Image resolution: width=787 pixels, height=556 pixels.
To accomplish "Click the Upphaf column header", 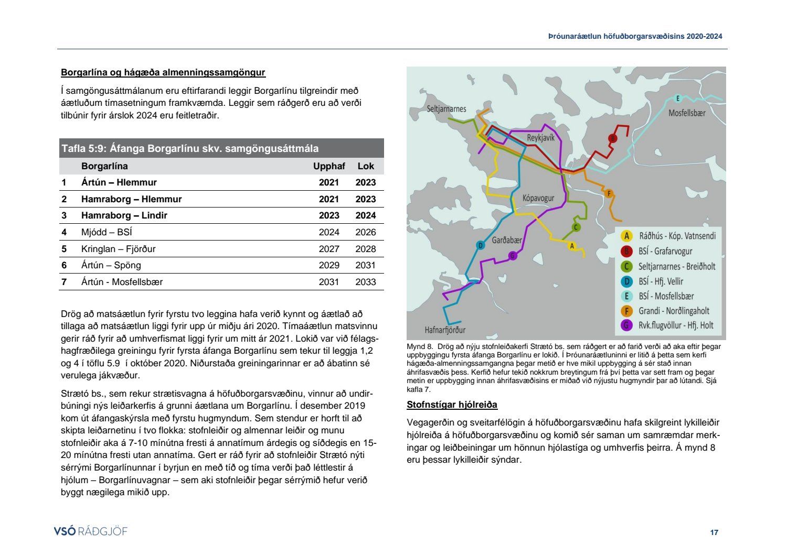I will [329, 166].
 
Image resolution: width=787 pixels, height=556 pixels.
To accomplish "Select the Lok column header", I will [366, 166].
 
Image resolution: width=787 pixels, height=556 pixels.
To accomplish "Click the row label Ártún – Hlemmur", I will [119, 182].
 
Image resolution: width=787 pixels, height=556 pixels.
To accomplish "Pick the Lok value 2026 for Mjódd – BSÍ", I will [365, 232].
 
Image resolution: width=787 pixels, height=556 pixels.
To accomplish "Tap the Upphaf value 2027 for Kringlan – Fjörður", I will [329, 249].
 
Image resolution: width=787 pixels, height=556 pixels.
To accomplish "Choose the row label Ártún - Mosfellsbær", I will [122, 282].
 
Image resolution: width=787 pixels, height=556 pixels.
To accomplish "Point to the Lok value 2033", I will [365, 282].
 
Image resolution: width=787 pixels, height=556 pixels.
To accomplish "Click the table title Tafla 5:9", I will [189, 148].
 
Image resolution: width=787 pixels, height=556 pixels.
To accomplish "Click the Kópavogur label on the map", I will [538, 198].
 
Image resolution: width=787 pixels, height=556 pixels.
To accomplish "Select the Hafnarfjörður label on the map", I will [445, 330].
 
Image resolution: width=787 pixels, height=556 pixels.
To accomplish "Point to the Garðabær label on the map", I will [507, 240].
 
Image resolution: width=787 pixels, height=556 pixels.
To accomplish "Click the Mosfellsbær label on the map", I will [687, 113].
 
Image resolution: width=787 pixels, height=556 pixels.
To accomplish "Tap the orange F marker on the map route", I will [609, 193].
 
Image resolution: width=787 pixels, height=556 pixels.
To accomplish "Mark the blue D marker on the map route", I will [480, 245].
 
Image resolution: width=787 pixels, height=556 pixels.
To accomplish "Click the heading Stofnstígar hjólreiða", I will [452, 405].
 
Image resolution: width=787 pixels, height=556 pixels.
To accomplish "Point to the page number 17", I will [714, 532].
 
